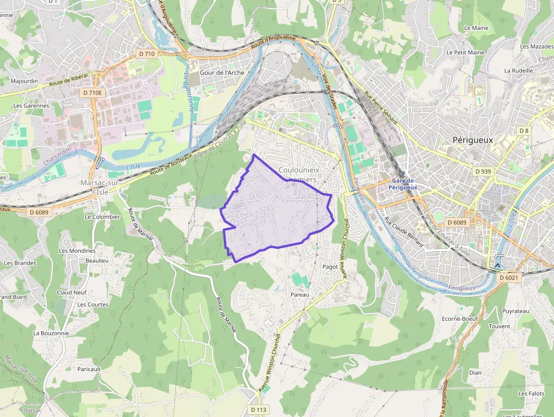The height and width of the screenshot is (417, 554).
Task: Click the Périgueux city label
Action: click(473, 140)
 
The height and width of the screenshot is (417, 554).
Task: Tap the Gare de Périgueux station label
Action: click(403, 184)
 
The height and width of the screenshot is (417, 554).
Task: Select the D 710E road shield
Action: click(93, 92)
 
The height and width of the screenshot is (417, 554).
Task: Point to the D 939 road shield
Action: click(483, 171)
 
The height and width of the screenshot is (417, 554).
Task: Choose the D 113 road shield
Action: click(258, 410)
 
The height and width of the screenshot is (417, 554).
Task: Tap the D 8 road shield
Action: click(524, 131)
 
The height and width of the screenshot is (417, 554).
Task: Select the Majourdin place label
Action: click(24, 81)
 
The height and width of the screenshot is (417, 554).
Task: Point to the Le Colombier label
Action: click(102, 217)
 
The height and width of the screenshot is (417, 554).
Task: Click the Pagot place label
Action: click(330, 266)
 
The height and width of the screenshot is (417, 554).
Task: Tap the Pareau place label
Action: click(300, 295)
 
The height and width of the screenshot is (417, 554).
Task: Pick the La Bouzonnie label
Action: click(51, 333)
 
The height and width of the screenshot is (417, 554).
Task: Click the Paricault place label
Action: click(89, 369)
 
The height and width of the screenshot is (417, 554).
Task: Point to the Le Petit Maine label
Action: click(465, 53)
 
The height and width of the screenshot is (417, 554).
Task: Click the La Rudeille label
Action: click(518, 71)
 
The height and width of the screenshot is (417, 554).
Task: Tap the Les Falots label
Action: click(531, 393)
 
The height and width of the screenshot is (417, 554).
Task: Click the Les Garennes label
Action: click(31, 106)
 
